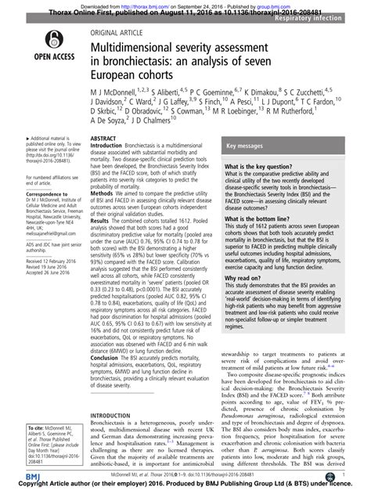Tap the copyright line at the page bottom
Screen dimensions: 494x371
tap(185, 487)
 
